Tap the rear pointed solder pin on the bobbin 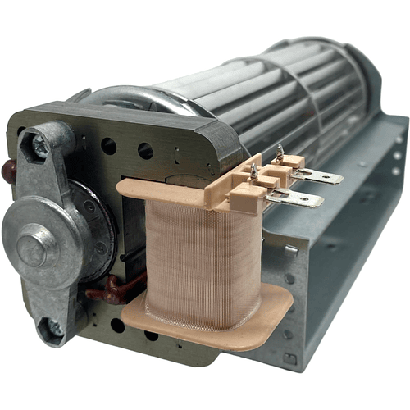281,152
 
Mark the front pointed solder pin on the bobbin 253,171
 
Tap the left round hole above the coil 108,147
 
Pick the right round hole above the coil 145,151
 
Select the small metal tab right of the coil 291,248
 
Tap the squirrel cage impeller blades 271,90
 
